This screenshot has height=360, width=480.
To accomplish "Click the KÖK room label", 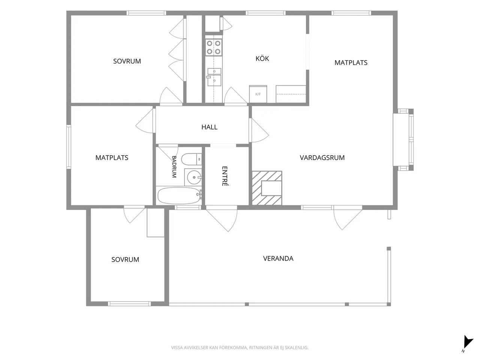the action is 262,58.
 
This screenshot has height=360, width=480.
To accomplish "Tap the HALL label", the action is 209,127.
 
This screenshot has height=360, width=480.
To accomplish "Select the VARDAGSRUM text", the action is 322,157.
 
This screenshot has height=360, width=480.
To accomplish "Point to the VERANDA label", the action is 278,258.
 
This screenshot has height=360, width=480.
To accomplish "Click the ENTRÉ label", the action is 225,176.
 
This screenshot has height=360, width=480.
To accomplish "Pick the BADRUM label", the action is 174,166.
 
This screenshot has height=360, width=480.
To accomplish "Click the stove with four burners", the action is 213,47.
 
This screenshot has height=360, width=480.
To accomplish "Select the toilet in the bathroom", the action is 191,159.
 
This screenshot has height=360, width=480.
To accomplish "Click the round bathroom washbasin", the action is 194,177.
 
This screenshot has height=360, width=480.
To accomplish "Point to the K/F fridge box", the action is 258,94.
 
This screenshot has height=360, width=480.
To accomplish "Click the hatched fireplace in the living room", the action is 267,188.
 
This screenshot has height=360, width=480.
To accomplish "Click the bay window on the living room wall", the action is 403,139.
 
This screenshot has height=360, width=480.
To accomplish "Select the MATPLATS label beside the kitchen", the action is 351,63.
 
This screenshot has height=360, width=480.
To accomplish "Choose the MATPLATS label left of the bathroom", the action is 112,157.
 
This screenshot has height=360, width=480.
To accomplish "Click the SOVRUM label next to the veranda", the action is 125,259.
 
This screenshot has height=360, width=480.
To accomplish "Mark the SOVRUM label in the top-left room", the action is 127,61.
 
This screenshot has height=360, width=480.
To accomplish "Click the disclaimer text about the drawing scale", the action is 240,348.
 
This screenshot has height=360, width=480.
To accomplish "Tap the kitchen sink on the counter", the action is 214,77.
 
